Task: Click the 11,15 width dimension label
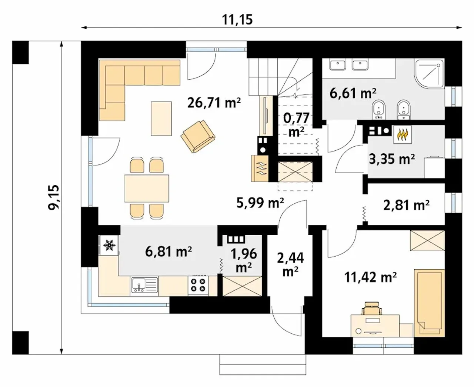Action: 237,20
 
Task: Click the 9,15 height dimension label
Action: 54,197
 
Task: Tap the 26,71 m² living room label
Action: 214,103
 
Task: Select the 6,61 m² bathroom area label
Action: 353,93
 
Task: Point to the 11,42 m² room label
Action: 370,277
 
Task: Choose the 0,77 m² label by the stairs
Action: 296,125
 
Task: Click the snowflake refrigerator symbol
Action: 109,245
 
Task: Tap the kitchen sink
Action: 144,285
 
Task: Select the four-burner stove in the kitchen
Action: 198,285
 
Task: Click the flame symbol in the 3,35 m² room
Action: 402,134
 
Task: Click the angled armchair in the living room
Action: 198,136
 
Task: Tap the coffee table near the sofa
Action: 161,119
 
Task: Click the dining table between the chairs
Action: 147,189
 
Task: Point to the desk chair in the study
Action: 371,308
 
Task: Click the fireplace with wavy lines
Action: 260,169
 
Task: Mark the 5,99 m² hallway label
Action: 260,203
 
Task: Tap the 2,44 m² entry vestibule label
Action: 290,264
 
